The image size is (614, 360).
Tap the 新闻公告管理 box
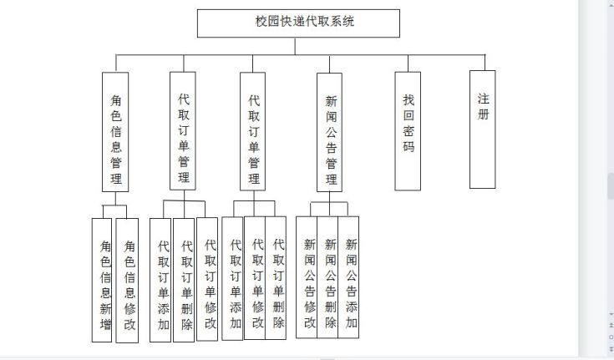pyautogui.click(x=331, y=132)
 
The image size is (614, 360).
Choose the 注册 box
pyautogui.click(x=483, y=128)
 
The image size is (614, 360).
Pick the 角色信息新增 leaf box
pyautogui.click(x=104, y=280)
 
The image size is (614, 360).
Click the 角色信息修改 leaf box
pyautogui.click(x=127, y=280)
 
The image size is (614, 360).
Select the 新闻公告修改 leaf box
pyautogui.click(x=307, y=276)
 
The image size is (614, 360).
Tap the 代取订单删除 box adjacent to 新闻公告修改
pyautogui.click(x=277, y=277)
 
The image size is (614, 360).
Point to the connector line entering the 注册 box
pyautogui.click(x=484, y=63)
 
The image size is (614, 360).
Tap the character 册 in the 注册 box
pyautogui.click(x=483, y=114)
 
